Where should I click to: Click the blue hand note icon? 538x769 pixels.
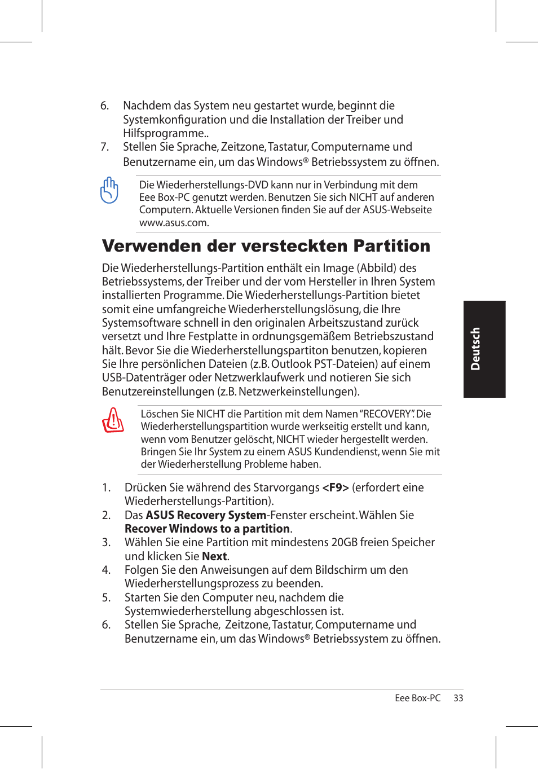pos(109,190)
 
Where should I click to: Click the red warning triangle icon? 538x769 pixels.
pos(113,420)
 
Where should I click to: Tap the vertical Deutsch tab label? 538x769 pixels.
pos(475,349)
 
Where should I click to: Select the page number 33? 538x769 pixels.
pos(458,698)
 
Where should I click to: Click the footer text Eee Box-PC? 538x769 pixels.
pos(417,698)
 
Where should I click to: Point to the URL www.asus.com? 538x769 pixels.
pos(174,223)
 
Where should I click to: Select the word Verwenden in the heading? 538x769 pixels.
pos(151,246)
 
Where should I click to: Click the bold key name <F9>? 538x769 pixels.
pos(335,487)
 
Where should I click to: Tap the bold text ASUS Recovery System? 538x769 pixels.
pos(206,515)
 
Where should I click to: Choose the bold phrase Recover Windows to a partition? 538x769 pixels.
pos(207,529)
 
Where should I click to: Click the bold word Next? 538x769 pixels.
pos(214,556)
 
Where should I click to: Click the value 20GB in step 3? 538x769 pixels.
pos(346,542)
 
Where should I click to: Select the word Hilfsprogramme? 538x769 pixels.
pos(165,133)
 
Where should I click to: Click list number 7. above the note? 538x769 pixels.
pos(104,147)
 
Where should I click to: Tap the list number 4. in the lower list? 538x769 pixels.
pos(106,570)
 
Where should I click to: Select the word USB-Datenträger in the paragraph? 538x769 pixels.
pos(144,377)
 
